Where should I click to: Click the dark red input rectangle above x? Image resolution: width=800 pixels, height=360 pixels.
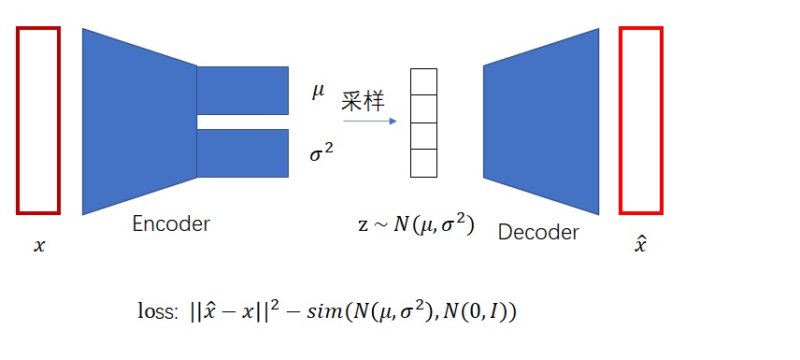pos(38,120)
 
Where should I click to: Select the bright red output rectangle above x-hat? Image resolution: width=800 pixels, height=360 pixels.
pos(641,120)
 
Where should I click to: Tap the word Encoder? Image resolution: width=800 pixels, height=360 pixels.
pos(171,223)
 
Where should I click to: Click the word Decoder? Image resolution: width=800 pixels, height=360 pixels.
pos(538,231)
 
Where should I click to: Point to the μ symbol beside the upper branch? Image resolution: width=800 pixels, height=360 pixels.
pos(319,91)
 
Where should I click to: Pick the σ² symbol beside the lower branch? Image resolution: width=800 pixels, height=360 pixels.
pos(321,152)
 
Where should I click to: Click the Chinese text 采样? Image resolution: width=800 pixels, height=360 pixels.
pos(363,102)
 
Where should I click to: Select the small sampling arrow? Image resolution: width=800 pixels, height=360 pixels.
pos(370,121)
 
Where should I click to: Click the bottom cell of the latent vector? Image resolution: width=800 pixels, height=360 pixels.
pos(424,163)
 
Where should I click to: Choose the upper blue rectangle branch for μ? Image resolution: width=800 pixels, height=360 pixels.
pos(242,90)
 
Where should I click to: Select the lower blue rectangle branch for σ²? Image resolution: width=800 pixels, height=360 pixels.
pos(242,152)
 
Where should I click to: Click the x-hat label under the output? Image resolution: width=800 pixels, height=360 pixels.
pos(640,246)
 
